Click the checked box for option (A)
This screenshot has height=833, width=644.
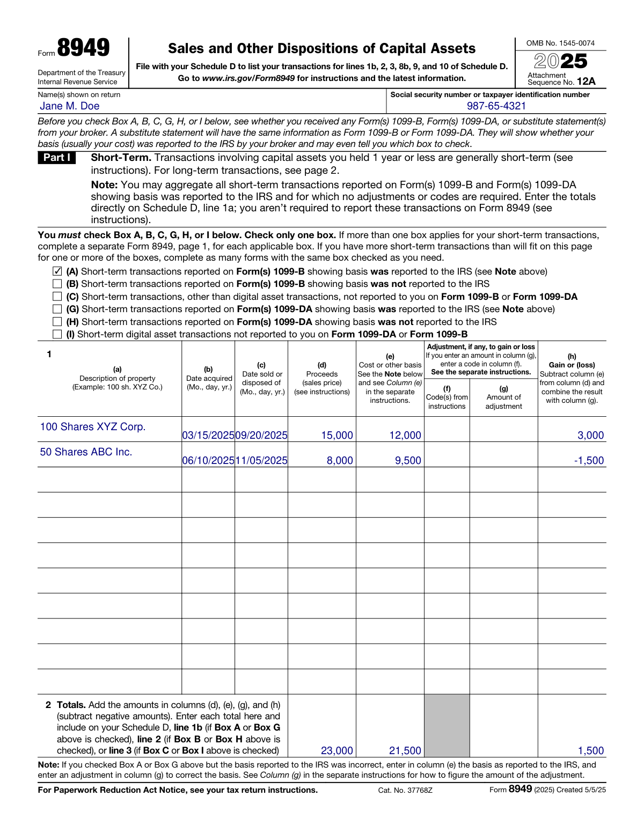pyautogui.click(x=57, y=271)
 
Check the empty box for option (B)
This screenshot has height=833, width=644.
pyautogui.click(x=57, y=284)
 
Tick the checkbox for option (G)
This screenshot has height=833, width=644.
pyautogui.click(x=57, y=309)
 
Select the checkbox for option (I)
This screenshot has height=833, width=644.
pyautogui.click(x=57, y=334)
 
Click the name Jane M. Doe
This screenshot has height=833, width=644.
pyautogui.click(x=70, y=106)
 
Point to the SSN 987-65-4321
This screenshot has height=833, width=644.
pyautogui.click(x=496, y=106)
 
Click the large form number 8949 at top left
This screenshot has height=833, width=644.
pyautogui.click(x=83, y=48)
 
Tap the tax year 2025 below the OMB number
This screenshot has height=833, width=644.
pyautogui.click(x=561, y=61)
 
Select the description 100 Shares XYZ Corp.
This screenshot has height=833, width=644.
pyautogui.click(x=93, y=427)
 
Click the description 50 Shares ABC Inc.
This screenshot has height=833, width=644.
pyautogui.click(x=86, y=452)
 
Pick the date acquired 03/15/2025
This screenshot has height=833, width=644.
pyautogui.click(x=208, y=436)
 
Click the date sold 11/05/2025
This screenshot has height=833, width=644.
pyautogui.click(x=261, y=461)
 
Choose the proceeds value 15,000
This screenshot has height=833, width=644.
pyautogui.click(x=337, y=436)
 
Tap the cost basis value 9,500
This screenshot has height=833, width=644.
pyautogui.click(x=408, y=461)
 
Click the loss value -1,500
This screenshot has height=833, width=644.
pyautogui.click(x=589, y=461)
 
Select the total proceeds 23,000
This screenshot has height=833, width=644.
pyautogui.click(x=337, y=751)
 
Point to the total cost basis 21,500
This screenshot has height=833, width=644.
pyautogui.click(x=405, y=751)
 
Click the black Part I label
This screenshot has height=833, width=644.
pyautogui.click(x=56, y=158)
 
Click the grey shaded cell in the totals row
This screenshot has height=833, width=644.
pyautogui.click(x=447, y=726)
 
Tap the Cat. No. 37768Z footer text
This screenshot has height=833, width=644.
pyautogui.click(x=405, y=790)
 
